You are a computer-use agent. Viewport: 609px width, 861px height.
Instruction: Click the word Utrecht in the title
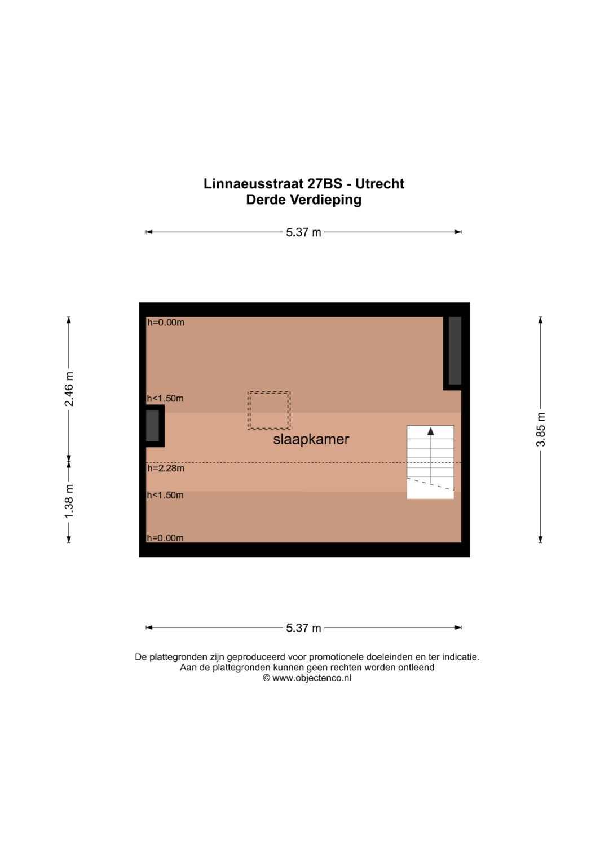(x=379, y=184)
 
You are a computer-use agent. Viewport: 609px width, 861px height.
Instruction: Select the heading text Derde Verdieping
(x=303, y=200)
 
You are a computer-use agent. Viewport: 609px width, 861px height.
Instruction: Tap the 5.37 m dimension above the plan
(x=303, y=232)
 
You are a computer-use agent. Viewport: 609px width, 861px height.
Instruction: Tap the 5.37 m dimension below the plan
(x=303, y=628)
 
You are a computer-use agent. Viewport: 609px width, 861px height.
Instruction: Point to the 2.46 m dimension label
(x=69, y=389)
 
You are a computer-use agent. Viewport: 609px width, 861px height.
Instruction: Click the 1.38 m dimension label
(x=69, y=501)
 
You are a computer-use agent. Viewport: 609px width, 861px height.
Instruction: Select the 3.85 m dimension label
(x=541, y=430)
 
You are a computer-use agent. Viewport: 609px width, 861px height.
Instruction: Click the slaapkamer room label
(x=311, y=439)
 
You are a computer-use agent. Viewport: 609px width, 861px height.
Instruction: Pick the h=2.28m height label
(x=166, y=468)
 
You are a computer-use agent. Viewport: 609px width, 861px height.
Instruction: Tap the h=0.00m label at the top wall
(x=166, y=323)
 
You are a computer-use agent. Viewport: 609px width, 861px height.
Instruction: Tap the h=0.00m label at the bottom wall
(x=166, y=538)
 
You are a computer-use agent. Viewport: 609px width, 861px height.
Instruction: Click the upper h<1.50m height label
(x=166, y=399)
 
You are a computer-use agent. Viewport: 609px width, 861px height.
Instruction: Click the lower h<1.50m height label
(x=166, y=495)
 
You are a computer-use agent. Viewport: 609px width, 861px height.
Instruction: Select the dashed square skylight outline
(x=269, y=410)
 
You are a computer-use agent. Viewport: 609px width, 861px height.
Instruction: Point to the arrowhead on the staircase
(x=431, y=431)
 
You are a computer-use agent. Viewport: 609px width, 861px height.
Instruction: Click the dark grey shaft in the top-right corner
(x=455, y=351)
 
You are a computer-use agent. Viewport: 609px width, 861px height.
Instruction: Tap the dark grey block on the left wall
(x=153, y=426)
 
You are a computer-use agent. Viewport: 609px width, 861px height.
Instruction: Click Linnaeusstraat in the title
(x=254, y=184)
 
